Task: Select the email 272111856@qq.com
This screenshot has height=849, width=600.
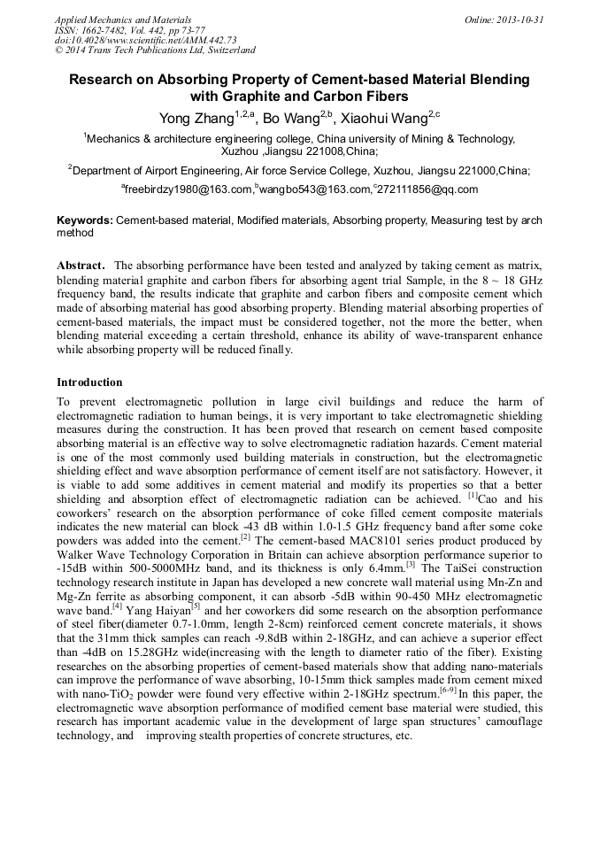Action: click(428, 189)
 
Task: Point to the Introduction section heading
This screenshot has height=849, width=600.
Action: click(89, 382)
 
